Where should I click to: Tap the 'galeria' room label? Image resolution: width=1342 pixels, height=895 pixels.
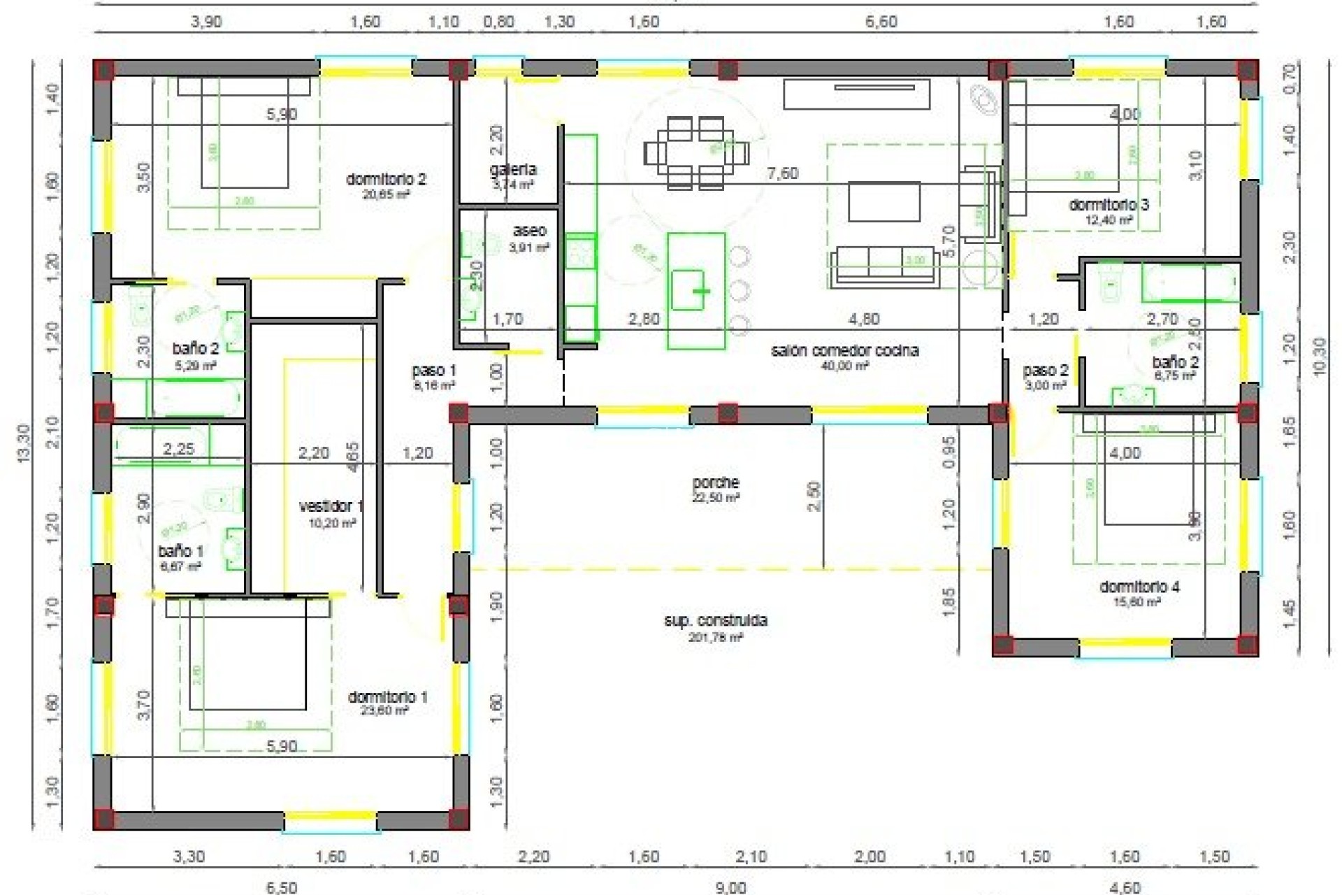click(513, 170)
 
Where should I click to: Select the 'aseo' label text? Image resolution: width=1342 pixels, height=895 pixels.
click(530, 231)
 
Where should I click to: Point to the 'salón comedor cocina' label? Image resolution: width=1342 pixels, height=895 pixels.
click(844, 351)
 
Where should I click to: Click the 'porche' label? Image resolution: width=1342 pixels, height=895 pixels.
click(716, 482)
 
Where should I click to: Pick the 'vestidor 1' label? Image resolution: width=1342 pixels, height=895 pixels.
click(331, 506)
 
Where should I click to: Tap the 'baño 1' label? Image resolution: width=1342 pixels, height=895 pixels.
click(180, 552)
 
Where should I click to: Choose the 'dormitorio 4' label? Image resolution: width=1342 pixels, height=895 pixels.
click(1139, 587)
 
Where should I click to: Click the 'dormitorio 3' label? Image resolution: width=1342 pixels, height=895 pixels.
click(1109, 205)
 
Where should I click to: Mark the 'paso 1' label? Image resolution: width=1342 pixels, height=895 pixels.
click(434, 371)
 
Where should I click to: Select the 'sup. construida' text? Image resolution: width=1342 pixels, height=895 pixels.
click(716, 621)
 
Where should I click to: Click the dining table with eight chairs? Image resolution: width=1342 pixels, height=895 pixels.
click(696, 152)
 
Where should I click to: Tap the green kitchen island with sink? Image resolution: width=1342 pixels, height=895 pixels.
click(695, 290)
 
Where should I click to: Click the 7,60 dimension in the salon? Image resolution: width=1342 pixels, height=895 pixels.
click(782, 173)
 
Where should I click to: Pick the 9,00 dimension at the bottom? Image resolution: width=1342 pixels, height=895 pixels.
click(730, 887)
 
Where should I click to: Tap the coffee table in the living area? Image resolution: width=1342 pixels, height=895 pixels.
click(884, 201)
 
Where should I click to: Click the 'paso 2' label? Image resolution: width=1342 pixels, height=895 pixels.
click(1046, 371)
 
